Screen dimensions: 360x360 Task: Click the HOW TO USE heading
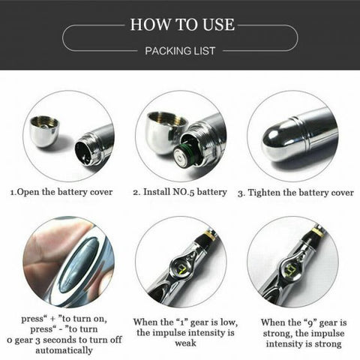179,24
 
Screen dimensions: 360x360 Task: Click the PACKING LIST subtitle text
179,51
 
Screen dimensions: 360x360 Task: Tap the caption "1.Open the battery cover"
61,192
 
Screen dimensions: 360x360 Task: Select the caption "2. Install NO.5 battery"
180,192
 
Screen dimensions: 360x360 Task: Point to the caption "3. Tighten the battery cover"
295,192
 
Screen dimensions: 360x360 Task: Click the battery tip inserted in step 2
181,156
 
